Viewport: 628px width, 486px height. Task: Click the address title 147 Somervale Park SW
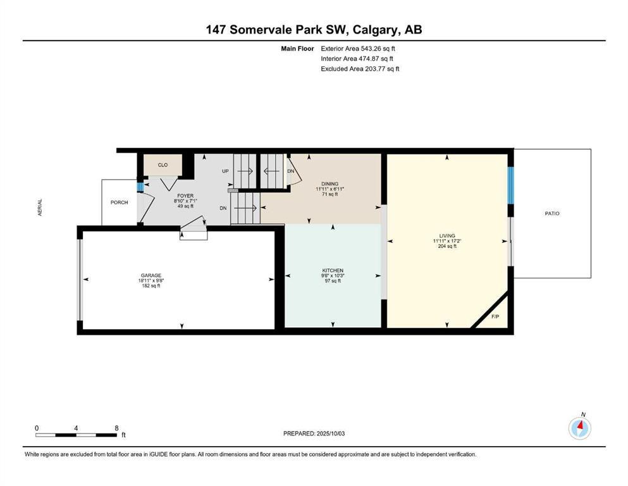click(314, 30)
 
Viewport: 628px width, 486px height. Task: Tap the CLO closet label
click(163, 165)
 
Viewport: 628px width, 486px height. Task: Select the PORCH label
click(119, 202)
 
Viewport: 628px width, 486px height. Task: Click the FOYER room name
click(185, 196)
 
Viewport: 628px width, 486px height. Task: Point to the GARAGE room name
click(151, 275)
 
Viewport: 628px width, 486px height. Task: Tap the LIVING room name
click(447, 236)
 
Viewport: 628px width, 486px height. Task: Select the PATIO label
click(551, 213)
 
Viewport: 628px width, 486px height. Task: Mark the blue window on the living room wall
click(511, 185)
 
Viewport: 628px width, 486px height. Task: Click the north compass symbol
click(579, 428)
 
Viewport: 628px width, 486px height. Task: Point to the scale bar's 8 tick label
click(116, 428)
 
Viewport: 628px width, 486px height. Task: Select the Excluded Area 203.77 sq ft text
click(360, 69)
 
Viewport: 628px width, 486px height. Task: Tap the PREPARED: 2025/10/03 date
click(315, 433)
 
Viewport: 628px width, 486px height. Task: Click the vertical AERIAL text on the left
click(40, 209)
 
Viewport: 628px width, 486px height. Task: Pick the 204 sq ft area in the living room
click(447, 246)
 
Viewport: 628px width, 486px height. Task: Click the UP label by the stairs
click(225, 171)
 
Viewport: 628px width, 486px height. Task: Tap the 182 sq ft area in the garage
click(151, 285)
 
